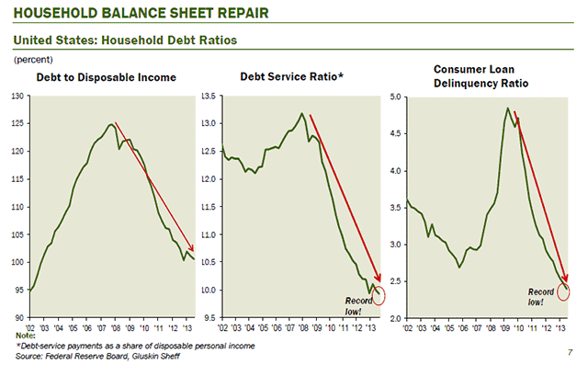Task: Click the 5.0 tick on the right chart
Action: [x=397, y=96]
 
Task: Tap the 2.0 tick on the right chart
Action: [x=397, y=318]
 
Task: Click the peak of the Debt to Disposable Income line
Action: [x=111, y=124]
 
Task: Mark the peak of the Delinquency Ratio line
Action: [x=508, y=108]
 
